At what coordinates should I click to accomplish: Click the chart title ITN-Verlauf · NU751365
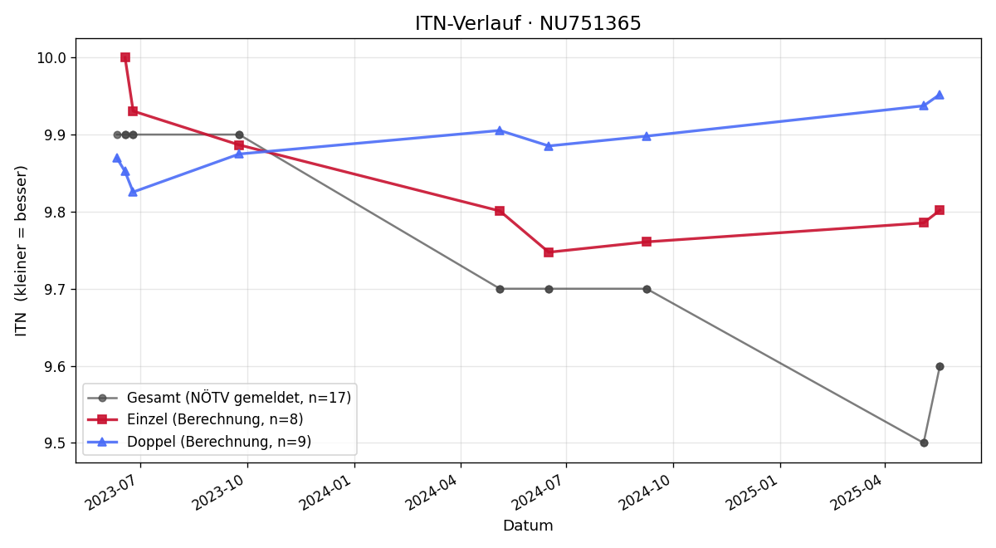[x=528, y=23]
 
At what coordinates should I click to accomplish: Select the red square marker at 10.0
[x=125, y=57]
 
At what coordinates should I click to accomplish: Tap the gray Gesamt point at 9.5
[x=924, y=443]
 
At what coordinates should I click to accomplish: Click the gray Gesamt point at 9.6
[x=940, y=366]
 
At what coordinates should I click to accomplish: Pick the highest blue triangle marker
[x=940, y=95]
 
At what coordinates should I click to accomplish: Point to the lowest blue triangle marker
[x=133, y=192]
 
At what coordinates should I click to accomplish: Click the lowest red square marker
[x=549, y=252]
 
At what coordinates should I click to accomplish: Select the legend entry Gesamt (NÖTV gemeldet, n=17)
[x=219, y=398]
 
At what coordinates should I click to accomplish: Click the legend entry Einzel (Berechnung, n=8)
[x=195, y=419]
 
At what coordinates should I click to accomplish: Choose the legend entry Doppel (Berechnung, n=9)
[x=199, y=442]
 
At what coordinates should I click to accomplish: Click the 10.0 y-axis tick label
[x=51, y=58]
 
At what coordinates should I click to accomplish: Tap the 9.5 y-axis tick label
[x=55, y=443]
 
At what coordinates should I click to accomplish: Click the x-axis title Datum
[x=528, y=526]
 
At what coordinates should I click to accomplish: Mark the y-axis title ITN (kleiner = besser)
[x=21, y=251]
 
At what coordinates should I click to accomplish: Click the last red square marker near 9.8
[x=940, y=210]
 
